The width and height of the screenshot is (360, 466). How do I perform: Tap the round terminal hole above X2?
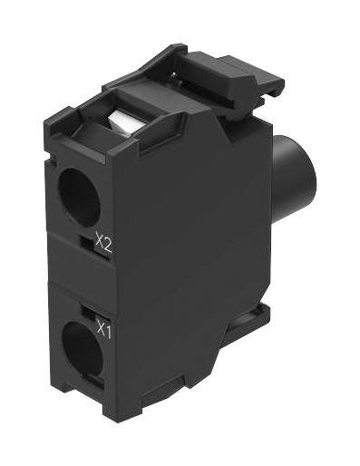[x=73, y=189]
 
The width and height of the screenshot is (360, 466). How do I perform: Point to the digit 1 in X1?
[x=109, y=331]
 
